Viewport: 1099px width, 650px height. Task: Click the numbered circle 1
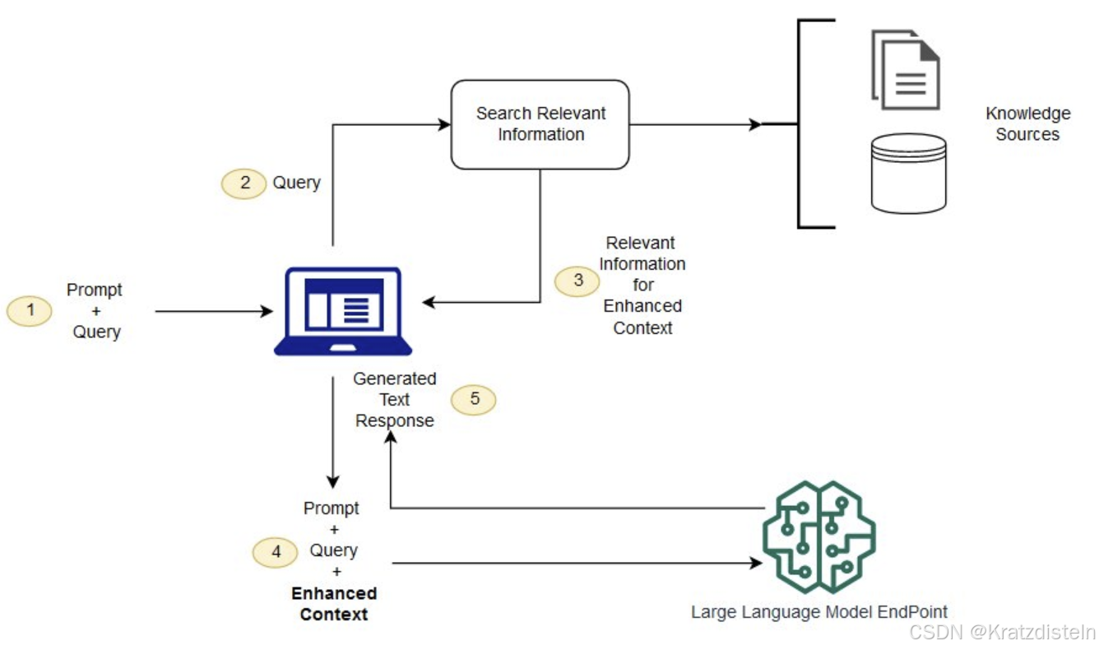30,311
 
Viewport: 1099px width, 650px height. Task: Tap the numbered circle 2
243,183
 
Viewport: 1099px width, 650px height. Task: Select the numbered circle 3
577,281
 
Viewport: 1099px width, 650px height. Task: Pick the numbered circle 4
276,552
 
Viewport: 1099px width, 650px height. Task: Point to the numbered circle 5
474,400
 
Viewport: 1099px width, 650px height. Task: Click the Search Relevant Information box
540,124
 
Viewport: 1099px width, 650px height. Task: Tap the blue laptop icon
342,311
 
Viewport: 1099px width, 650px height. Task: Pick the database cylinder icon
908,174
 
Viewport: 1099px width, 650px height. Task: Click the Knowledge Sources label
1027,124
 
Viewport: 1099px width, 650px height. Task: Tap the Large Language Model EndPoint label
818,612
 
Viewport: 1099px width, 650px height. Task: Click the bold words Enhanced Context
334,604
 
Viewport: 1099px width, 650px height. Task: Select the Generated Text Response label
395,400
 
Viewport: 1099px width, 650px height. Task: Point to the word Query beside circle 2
296,183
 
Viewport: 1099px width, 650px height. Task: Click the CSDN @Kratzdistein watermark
1003,632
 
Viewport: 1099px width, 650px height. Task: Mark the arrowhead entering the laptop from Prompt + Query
267,312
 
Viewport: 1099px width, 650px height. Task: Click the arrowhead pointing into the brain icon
756,564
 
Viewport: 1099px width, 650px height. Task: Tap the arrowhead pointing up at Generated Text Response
392,437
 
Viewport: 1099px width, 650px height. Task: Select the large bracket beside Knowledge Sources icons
800,124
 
